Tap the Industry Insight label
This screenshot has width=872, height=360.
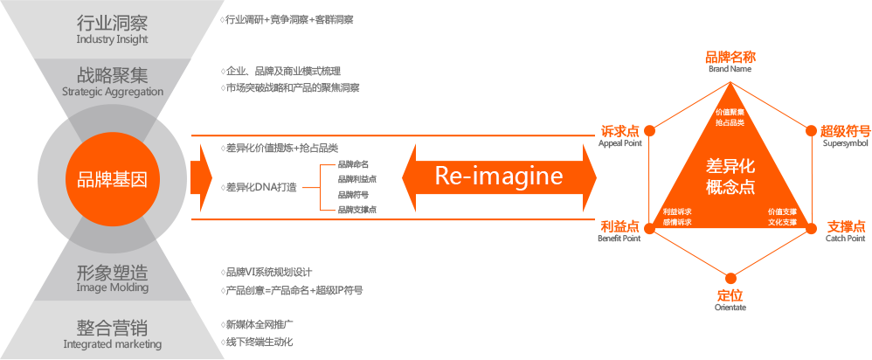tap(112, 40)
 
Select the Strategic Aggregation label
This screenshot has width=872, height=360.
tap(113, 91)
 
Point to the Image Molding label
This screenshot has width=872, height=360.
tap(112, 287)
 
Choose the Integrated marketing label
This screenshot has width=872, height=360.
tap(112, 344)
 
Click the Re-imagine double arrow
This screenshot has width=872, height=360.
tap(499, 177)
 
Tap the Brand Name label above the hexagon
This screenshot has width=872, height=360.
tap(730, 68)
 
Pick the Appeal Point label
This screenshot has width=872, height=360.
tap(619, 143)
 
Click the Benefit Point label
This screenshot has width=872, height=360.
tap(619, 238)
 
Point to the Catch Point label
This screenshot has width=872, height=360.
tap(845, 238)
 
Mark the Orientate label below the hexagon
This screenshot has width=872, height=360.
tap(730, 307)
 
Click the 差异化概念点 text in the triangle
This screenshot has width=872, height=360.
tap(730, 177)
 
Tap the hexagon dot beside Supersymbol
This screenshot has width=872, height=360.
tap(812, 130)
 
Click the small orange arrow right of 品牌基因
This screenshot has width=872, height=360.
tap(206, 177)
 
